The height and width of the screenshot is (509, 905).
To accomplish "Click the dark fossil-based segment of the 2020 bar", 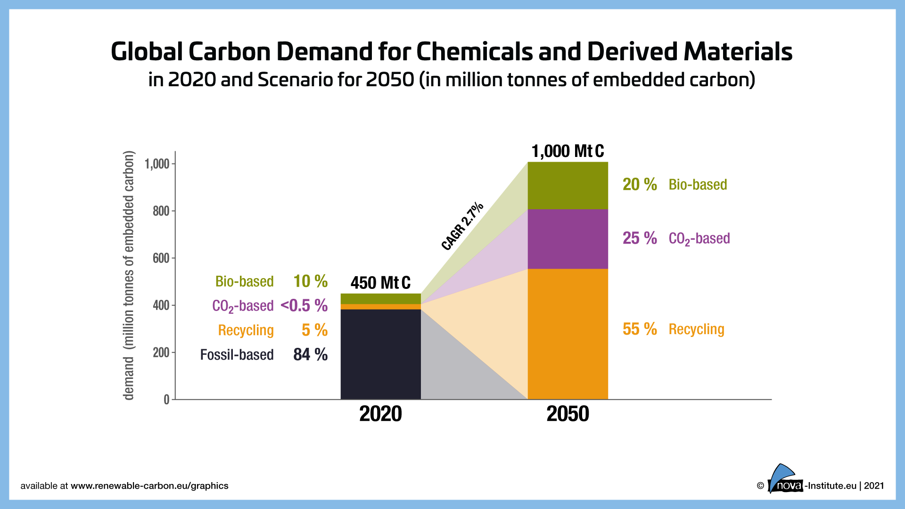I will [380, 354].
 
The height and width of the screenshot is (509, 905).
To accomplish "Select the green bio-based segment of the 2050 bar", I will [568, 186].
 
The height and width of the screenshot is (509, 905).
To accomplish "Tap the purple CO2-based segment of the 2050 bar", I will [568, 239].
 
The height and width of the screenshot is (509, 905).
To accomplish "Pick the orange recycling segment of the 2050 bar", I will [568, 334].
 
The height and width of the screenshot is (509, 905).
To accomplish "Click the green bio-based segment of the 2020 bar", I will [380, 299].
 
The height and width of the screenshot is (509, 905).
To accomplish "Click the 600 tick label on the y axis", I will [161, 258].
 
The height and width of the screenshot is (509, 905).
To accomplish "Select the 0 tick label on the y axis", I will [166, 400].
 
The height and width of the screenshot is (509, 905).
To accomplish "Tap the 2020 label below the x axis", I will [380, 414].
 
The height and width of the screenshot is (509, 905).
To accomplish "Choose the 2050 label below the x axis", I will [568, 414].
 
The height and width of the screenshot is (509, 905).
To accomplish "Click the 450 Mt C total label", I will [380, 283].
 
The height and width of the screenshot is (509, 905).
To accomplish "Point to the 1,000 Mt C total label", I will [568, 151].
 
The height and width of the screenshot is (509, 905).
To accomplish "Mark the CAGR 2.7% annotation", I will [462, 226].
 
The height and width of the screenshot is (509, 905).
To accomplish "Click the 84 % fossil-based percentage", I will [310, 354].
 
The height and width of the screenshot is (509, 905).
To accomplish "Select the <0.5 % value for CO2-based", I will [304, 305].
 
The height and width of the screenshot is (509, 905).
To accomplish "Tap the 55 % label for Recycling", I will [640, 329].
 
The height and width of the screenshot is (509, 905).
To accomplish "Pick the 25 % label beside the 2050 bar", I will [640, 238].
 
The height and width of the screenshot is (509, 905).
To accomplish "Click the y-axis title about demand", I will [129, 276].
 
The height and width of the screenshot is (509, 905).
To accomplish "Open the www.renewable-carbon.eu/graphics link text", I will [149, 486].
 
